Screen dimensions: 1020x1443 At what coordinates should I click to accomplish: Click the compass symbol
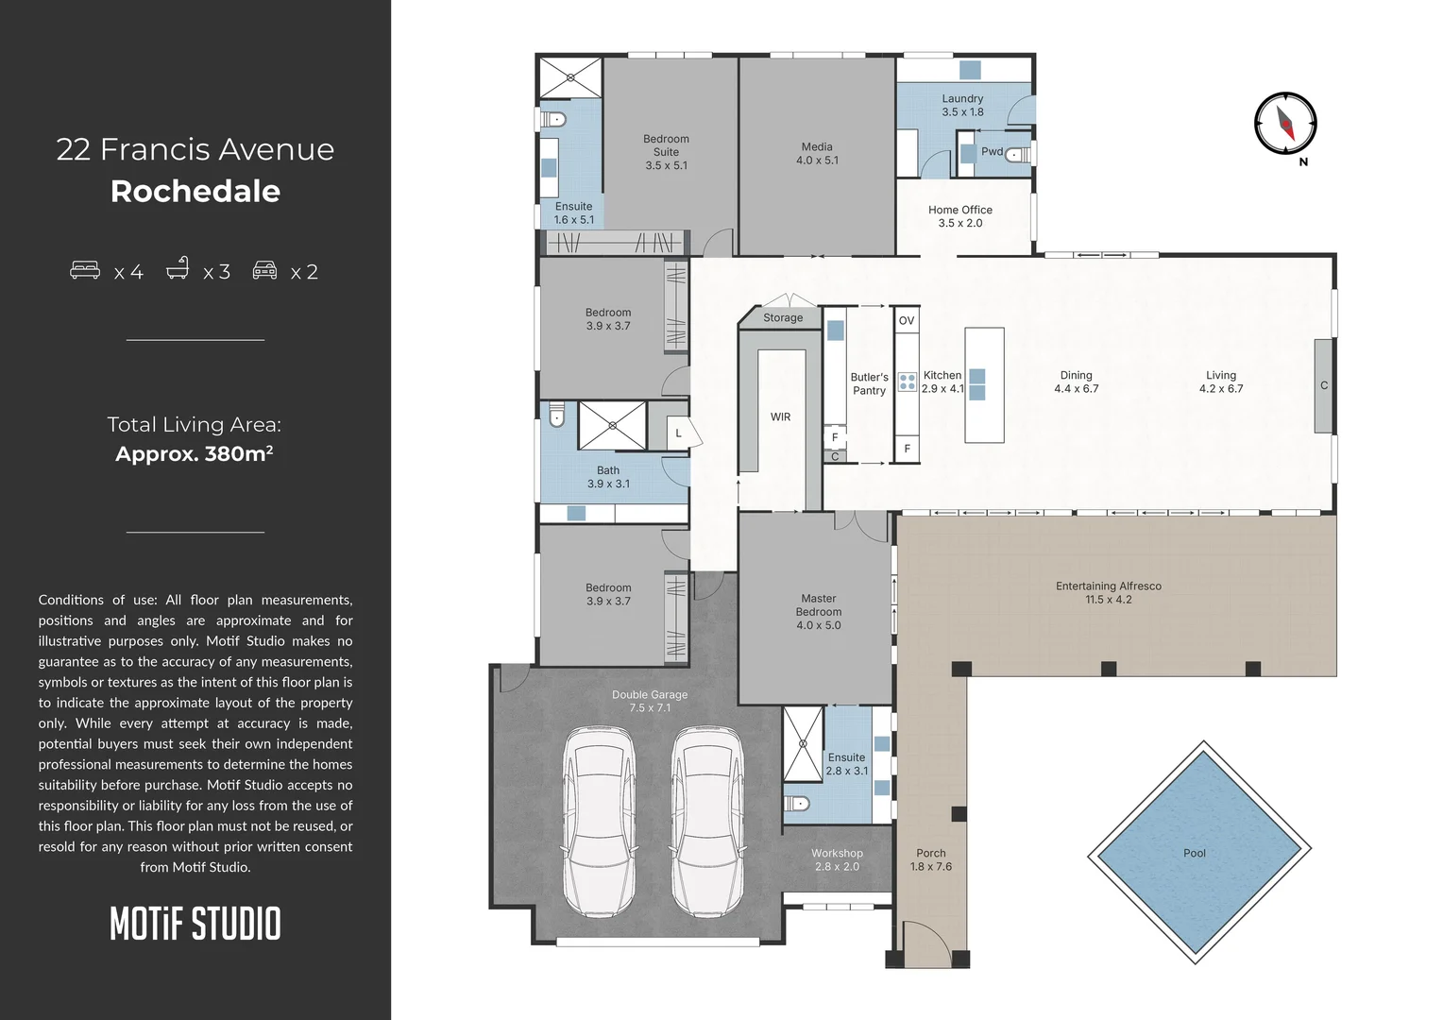point(1285,124)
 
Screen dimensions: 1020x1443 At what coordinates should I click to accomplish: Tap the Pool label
point(1194,853)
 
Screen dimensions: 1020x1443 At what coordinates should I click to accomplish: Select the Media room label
point(817,153)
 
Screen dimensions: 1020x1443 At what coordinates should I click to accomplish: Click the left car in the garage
point(599,822)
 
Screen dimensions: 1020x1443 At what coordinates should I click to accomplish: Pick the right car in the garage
point(707,822)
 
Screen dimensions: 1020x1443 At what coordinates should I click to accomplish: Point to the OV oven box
point(907,320)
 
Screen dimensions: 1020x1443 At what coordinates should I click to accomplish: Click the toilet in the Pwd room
point(1017,154)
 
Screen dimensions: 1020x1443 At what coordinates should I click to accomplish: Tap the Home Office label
point(959,216)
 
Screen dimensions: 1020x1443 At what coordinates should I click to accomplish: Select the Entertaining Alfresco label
point(1108,592)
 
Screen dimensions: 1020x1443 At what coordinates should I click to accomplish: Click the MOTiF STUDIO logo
point(195,924)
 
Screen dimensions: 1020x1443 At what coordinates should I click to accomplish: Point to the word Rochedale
point(195,191)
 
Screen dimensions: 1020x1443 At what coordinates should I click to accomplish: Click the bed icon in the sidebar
point(85,270)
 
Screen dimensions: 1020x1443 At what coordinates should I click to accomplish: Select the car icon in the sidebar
point(265,270)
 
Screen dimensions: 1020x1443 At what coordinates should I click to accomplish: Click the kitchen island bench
point(984,384)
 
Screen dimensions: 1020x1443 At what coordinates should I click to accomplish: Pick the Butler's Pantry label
point(869,383)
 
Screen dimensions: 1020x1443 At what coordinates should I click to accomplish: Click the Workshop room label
point(837,859)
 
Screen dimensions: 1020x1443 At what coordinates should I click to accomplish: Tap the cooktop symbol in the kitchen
point(907,382)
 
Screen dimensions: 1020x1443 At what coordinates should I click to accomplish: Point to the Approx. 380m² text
point(195,453)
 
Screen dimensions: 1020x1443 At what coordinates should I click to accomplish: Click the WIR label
point(780,416)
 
